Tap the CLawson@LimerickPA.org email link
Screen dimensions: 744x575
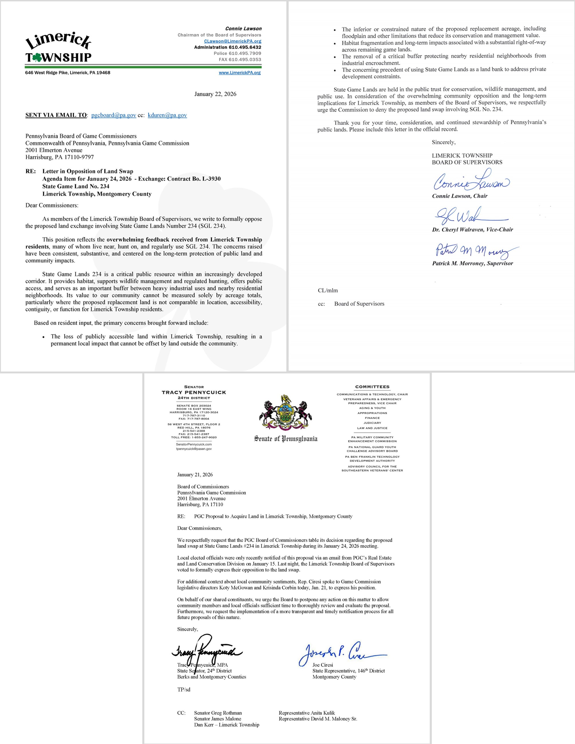click(x=233, y=41)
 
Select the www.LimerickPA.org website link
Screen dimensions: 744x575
click(x=240, y=73)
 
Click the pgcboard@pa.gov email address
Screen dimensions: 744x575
click(x=113, y=115)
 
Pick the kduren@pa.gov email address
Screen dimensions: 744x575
click(x=167, y=115)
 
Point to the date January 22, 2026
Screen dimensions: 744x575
click(x=215, y=94)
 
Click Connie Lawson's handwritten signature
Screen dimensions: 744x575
click(x=471, y=181)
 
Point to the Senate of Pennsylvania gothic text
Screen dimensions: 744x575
click(x=285, y=439)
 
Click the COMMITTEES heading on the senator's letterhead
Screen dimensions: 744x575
click(x=372, y=387)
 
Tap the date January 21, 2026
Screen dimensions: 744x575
click(x=195, y=474)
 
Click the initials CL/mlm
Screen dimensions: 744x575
click(x=328, y=290)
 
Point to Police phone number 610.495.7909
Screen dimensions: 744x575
click(x=238, y=54)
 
